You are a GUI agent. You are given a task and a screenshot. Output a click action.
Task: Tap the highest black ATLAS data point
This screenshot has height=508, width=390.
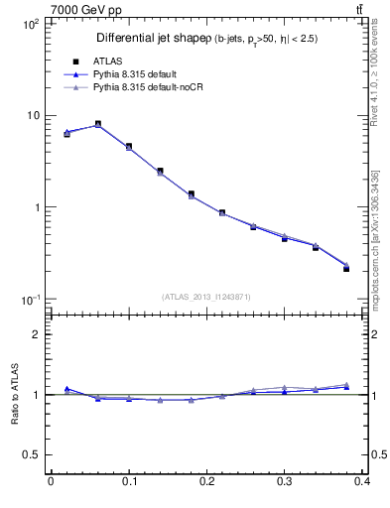click(x=98, y=124)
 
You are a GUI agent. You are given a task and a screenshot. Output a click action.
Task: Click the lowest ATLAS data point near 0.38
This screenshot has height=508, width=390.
click(x=346, y=269)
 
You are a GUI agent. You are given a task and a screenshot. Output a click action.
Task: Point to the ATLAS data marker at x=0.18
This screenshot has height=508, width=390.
click(x=192, y=193)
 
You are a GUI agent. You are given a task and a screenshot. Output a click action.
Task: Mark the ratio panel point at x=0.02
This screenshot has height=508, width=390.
click(x=66, y=389)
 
